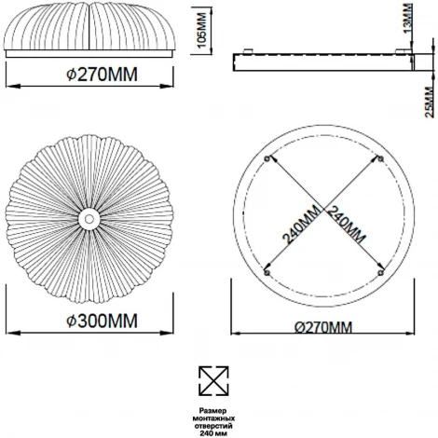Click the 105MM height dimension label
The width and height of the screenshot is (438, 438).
[x=202, y=30]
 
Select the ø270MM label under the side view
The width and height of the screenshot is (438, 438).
[x=102, y=75]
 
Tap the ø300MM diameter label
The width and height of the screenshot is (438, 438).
[x=102, y=321]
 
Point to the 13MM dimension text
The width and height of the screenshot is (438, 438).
[x=408, y=18]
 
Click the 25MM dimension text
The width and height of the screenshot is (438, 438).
[x=430, y=102]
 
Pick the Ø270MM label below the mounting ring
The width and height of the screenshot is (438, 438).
[x=323, y=327]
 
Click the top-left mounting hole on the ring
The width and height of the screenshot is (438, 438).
[x=267, y=159]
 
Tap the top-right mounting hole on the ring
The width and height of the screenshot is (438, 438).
[x=381, y=159]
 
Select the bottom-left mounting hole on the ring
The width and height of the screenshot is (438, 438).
[x=267, y=273]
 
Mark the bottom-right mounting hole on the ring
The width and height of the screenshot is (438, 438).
[x=381, y=273]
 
